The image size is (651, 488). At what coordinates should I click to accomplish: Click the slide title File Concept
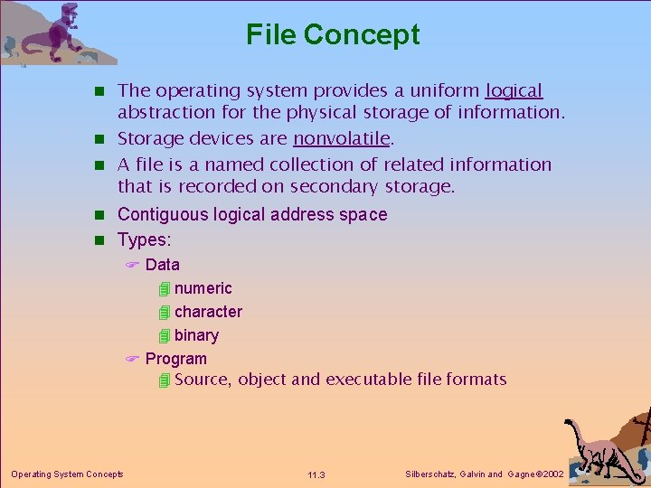[x=333, y=34]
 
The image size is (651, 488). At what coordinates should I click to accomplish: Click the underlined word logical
[x=514, y=91]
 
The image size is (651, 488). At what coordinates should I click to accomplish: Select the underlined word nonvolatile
[x=341, y=139]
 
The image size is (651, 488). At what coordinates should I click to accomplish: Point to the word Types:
[x=145, y=239]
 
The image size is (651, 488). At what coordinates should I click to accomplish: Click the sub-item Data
[x=162, y=265]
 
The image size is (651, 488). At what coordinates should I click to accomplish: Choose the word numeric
[x=203, y=288]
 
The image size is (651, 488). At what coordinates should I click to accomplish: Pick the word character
[x=208, y=312]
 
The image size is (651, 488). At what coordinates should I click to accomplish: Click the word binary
[x=196, y=335]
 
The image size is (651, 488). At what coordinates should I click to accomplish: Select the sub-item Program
[x=175, y=359]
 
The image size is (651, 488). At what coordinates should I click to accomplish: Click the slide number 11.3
[x=316, y=475]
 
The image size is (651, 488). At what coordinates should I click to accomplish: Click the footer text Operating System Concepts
[x=67, y=474]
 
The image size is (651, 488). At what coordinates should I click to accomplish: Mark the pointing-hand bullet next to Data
[x=130, y=265]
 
